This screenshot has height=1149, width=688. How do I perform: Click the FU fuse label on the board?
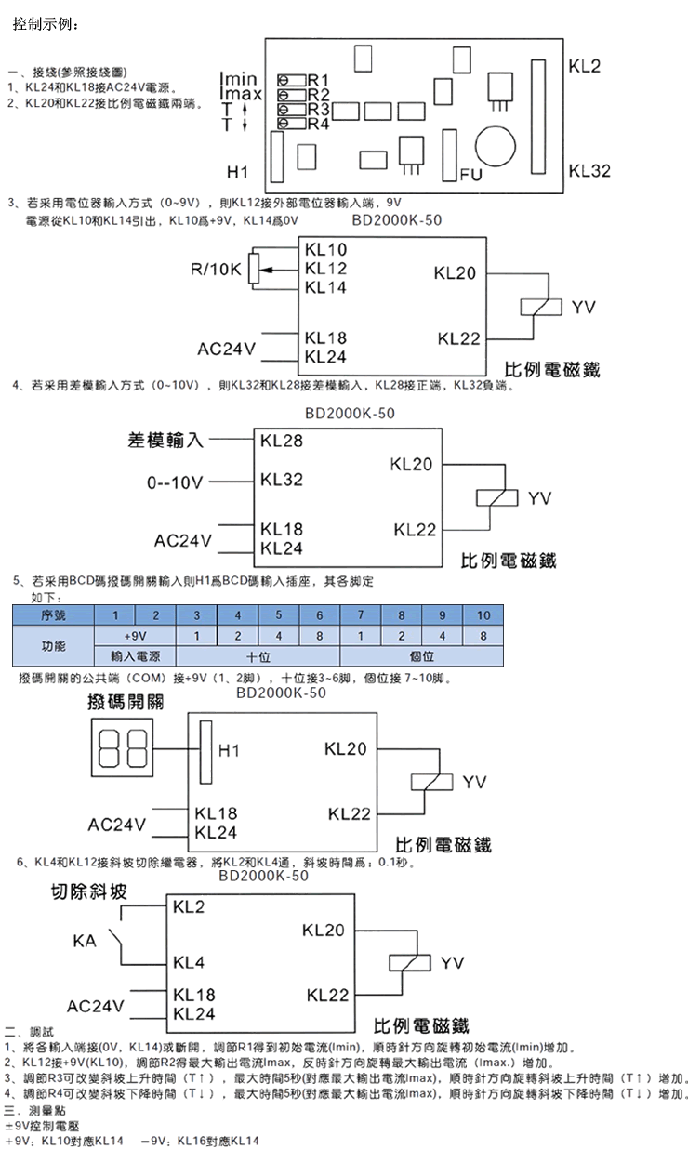point(469,174)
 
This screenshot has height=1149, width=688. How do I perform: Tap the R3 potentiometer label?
point(319,109)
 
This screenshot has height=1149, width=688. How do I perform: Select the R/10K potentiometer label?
point(216,270)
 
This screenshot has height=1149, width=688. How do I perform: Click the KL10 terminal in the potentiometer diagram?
point(325,250)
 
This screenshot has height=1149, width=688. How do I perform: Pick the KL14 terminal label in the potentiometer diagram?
point(325,288)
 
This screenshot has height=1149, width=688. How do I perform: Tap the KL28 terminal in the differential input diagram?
point(282,441)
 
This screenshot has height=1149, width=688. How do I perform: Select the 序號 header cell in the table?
point(54,615)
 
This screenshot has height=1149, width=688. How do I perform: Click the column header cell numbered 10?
point(483,615)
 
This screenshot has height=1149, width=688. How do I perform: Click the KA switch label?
point(85,941)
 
